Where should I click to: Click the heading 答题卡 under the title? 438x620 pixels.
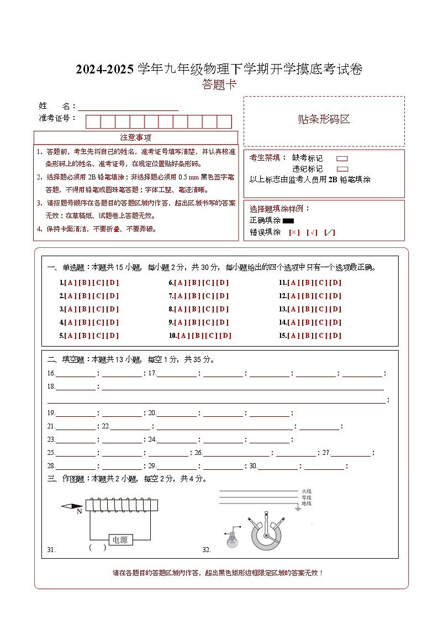[219, 84]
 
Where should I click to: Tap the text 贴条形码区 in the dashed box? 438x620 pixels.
[324, 119]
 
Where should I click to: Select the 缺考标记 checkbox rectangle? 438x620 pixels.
[342, 158]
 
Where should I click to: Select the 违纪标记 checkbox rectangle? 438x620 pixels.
[342, 169]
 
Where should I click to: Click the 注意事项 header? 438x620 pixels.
[135, 137]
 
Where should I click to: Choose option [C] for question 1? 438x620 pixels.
[98, 283]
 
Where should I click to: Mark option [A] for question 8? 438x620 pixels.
[180, 309]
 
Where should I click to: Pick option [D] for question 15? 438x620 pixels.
[335, 336]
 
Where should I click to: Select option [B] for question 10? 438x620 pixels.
[198, 336]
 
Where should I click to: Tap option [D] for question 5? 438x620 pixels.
[113, 336]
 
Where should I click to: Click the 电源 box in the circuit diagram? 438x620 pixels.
[119, 539]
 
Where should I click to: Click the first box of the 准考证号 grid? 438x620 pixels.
[93, 121]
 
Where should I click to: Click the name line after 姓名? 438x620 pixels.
[128, 108]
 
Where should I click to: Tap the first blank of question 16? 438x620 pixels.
[76, 374]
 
